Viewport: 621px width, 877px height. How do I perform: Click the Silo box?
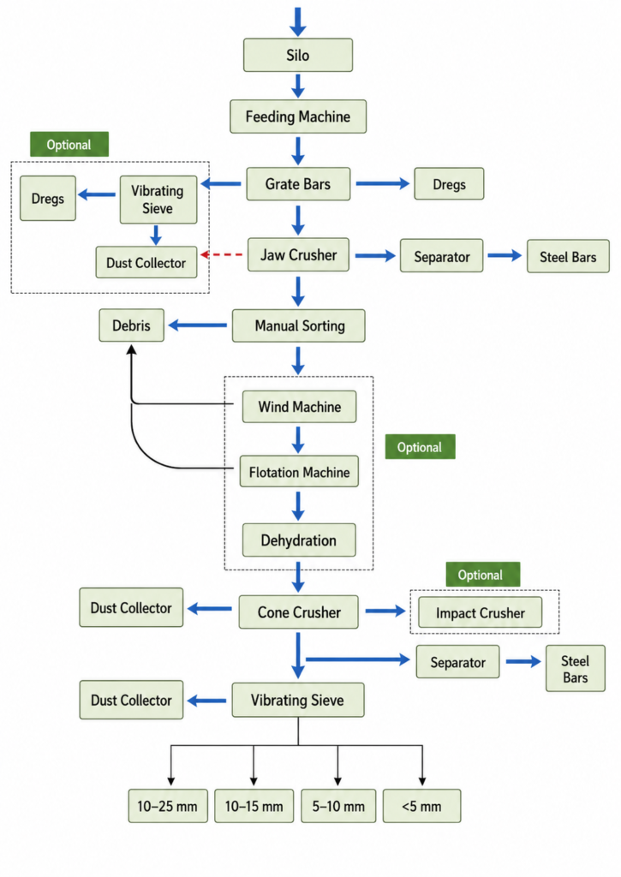coord(297,55)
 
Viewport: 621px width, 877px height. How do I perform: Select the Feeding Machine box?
coord(297,116)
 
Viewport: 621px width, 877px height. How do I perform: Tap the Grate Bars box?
coord(298,184)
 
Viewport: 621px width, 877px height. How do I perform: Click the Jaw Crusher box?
coord(298,255)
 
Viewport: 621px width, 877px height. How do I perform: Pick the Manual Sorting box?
coord(299,325)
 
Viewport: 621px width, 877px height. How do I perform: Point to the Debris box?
coord(131,325)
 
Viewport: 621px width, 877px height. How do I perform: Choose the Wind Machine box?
coord(299,407)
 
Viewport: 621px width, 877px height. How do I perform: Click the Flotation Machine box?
coord(299,472)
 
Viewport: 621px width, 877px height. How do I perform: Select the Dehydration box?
coord(299,540)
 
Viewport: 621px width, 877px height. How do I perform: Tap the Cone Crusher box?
coord(299,612)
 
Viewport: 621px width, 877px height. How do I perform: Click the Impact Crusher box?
coord(480,612)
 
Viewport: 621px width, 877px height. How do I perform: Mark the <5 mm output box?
coord(421,806)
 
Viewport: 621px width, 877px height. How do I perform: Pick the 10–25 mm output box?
coord(168,806)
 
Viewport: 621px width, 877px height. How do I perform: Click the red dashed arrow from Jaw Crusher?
coord(222,254)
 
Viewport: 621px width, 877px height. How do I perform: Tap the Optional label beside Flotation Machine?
coord(421,446)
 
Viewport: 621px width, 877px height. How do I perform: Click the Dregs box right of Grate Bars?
coord(449,183)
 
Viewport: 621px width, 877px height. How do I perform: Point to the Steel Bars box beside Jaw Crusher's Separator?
coord(568,256)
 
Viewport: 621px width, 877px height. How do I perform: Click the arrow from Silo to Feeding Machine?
coord(297,86)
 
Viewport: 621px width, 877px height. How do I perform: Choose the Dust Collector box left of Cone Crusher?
coord(131,607)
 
